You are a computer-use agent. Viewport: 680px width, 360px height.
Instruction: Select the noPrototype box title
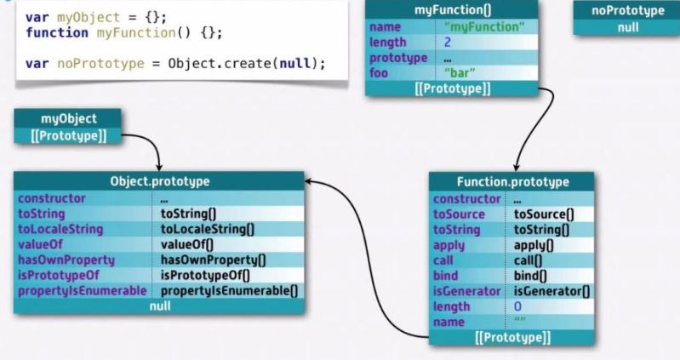pos(627,10)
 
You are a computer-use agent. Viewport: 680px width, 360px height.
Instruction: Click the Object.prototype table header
pos(159,181)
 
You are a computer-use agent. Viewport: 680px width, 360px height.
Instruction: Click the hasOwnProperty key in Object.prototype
pos(60,260)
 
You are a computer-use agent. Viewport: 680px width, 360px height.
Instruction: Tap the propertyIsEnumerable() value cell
pos(229,291)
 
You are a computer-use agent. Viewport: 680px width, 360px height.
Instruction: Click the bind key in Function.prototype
pos(445,276)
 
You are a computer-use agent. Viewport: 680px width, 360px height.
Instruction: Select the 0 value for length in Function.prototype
pos(517,306)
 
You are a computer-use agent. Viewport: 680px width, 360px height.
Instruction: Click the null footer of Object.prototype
pos(158,306)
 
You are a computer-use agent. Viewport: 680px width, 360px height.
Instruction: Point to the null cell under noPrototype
pos(627,26)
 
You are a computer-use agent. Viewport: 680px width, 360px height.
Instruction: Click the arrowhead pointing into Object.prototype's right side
pos(309,180)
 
